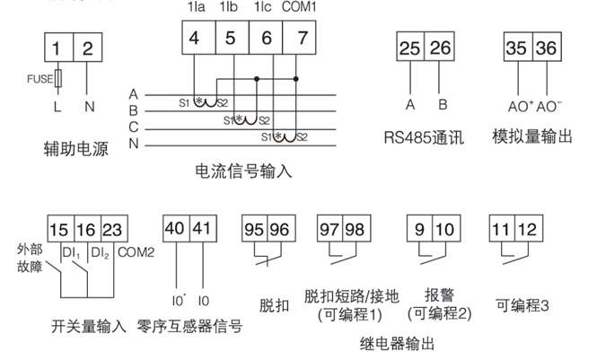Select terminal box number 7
(x=301, y=40)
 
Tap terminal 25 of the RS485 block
(x=410, y=48)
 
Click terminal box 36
(x=546, y=48)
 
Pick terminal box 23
(x=112, y=228)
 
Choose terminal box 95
(x=254, y=228)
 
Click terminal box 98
(x=356, y=228)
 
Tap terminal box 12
(x=527, y=228)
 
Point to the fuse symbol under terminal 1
(x=58, y=79)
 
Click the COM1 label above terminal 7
(x=300, y=7)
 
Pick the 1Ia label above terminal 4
(x=196, y=7)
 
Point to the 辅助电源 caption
(x=75, y=149)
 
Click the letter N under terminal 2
(x=87, y=106)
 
